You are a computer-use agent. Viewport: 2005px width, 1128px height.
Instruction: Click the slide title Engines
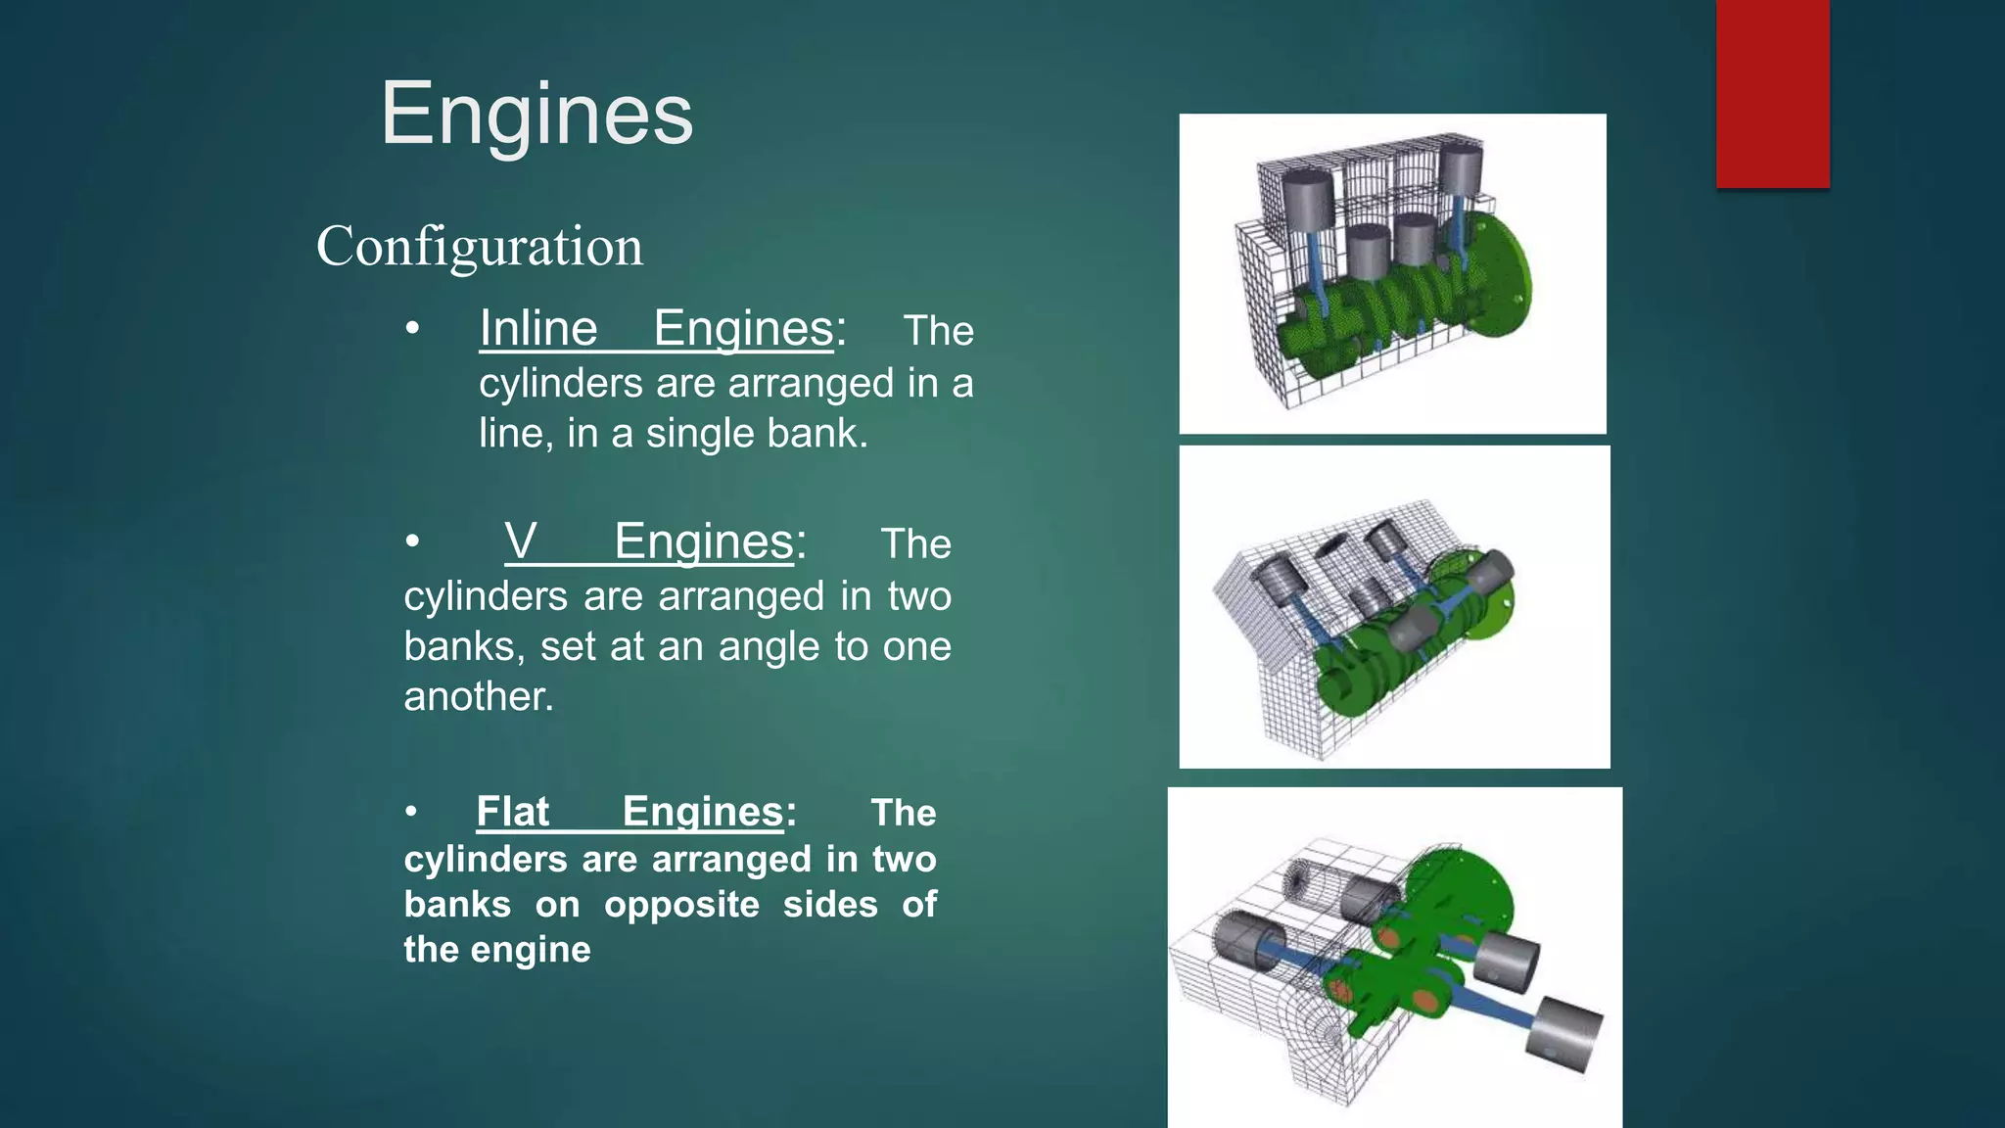coord(536,115)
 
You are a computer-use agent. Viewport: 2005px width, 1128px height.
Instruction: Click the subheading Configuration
coord(480,246)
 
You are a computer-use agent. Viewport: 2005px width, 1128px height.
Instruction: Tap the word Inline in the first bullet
coord(537,328)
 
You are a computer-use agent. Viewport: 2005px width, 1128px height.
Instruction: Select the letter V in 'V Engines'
coord(521,541)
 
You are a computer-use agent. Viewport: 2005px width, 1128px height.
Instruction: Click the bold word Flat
coord(512,812)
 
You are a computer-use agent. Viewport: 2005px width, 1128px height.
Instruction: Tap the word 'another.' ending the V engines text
coord(479,696)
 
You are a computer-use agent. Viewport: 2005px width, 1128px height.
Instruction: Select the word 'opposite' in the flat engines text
coord(681,905)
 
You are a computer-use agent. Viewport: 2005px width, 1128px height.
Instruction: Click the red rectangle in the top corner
coord(1772,93)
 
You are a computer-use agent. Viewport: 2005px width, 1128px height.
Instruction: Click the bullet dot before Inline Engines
coord(413,329)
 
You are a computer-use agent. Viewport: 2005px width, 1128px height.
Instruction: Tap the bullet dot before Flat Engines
coord(412,812)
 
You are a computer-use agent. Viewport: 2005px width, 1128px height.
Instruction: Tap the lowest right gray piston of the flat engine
coord(1566,1036)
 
